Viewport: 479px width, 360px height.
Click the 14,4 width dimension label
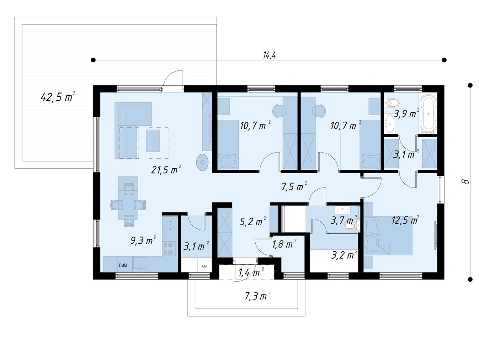tap(269, 55)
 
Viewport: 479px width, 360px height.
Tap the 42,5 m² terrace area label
tap(58, 97)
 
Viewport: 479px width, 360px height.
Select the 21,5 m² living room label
tap(166, 170)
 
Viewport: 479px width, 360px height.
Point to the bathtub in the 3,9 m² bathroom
tap(429, 113)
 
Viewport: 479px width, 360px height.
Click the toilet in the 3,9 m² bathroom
tap(392, 102)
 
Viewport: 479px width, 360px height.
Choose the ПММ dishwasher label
tap(123, 266)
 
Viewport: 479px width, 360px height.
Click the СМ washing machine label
tap(204, 266)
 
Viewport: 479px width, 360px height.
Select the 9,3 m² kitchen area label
tap(143, 240)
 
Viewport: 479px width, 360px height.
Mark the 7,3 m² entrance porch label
tap(257, 296)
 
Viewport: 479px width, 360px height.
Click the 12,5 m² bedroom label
tap(405, 220)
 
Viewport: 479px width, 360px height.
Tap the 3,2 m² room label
tap(344, 255)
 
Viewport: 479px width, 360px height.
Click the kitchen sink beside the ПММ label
tap(140, 264)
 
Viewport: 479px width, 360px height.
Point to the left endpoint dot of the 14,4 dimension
tap(93, 60)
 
